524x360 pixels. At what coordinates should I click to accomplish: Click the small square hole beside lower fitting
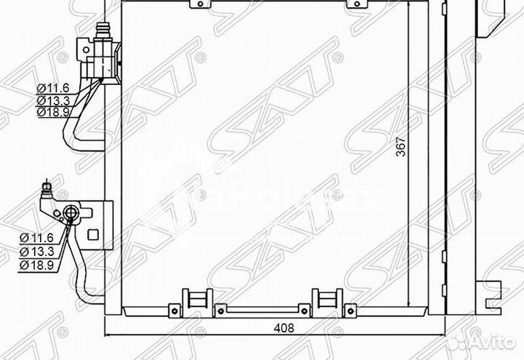pyautogui.click(x=92, y=234)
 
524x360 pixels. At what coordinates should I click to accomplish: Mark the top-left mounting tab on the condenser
pyautogui.click(x=197, y=4)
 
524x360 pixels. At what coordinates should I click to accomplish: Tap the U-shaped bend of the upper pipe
pyautogui.click(x=70, y=138)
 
